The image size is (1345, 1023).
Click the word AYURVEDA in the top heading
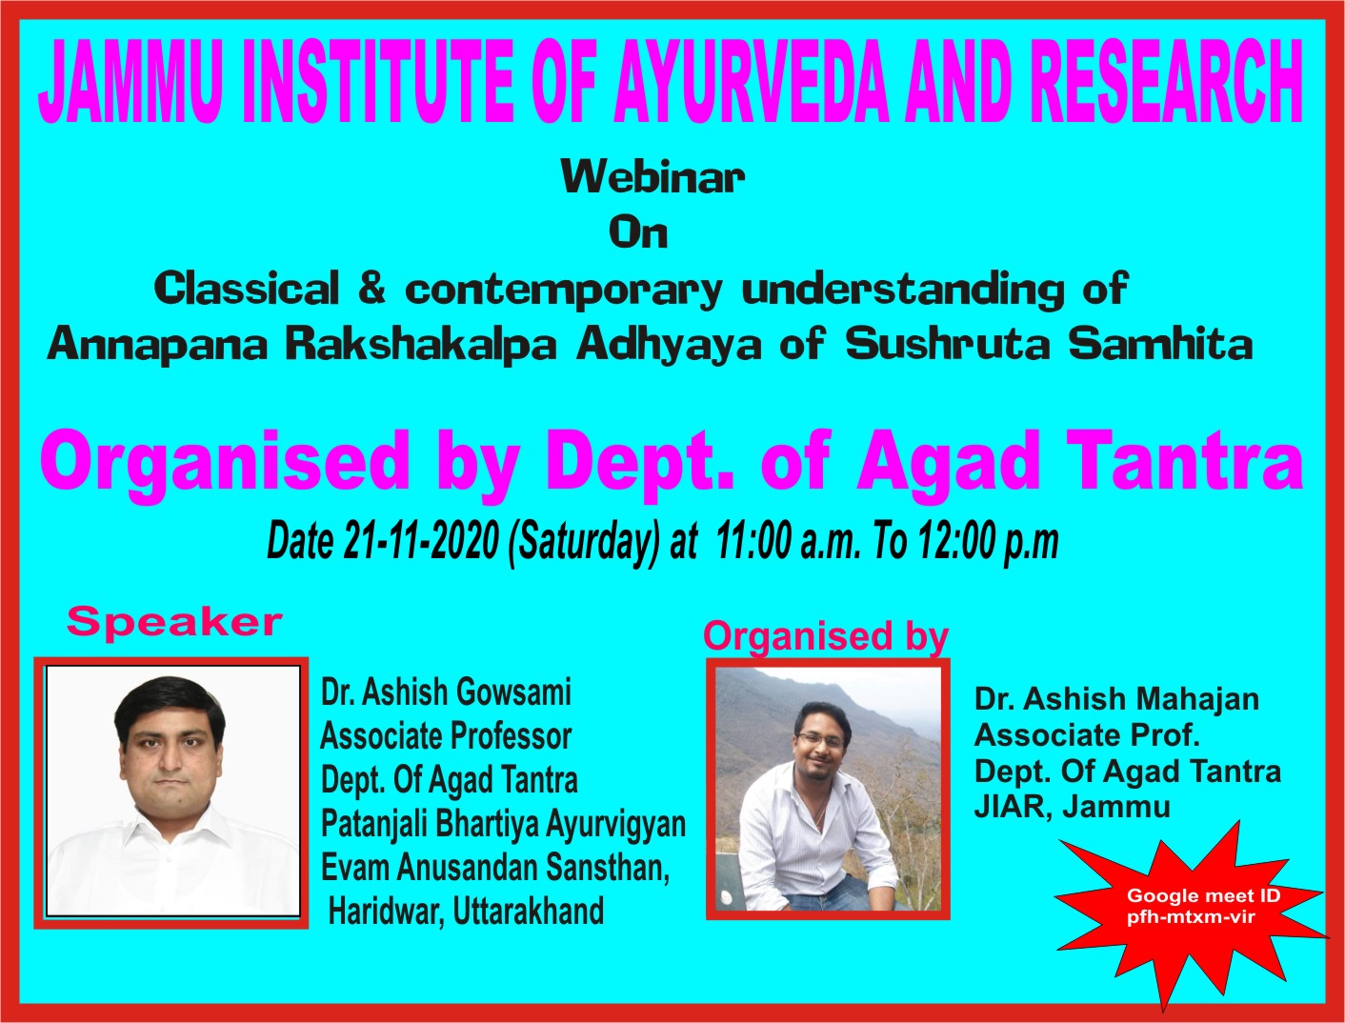point(752,82)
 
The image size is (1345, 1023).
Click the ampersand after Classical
point(371,288)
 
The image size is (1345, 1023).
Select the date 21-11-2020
point(420,541)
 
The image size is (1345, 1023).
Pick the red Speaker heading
point(174,623)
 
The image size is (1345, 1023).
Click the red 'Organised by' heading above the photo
point(825,636)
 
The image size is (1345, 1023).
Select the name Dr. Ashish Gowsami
point(446,692)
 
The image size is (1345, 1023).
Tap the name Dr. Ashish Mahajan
point(1116,699)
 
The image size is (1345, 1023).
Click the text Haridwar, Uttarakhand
point(466,912)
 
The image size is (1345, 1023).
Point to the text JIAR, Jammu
point(1072,808)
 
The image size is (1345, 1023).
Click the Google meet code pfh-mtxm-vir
point(1191,917)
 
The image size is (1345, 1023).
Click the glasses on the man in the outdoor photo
point(821,741)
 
